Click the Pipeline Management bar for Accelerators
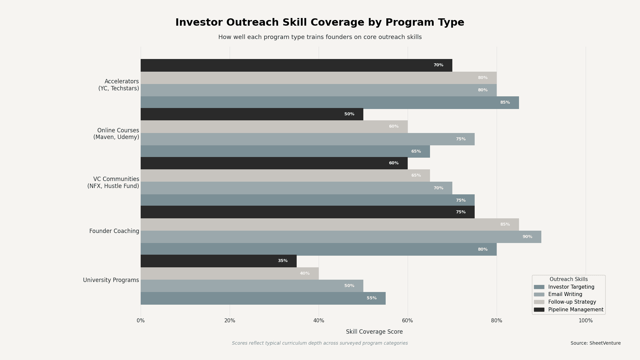point(296,65)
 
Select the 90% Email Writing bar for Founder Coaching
point(341,237)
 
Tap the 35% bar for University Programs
point(218,261)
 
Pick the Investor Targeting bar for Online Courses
point(285,151)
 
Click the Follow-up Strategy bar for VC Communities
point(285,176)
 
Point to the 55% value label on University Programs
point(371,298)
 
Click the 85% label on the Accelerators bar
point(505,103)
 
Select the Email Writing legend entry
point(565,295)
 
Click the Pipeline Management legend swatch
point(539,310)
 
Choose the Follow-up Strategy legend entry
point(572,302)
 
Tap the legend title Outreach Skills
point(568,279)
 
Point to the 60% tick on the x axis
point(407,321)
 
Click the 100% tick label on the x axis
point(585,321)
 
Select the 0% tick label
point(141,321)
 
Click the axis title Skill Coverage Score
point(374,332)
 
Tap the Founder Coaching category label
point(114,231)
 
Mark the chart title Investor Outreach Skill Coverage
point(320,23)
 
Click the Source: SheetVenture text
point(595,343)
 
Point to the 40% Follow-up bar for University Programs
point(229,274)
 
